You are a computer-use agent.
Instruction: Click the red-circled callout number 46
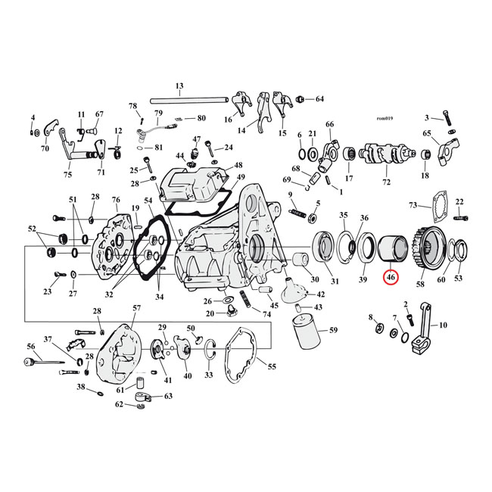[391, 278]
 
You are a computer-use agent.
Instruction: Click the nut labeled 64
[301, 99]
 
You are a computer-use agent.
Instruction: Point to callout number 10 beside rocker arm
[443, 325]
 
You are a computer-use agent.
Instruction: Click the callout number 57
[136, 308]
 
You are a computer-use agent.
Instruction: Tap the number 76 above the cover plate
[116, 200]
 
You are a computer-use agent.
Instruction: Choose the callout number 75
[67, 174]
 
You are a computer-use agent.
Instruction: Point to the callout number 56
[31, 346]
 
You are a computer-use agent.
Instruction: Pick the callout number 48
[238, 165]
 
